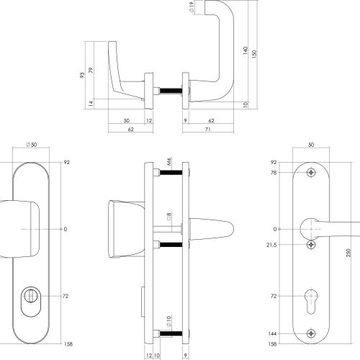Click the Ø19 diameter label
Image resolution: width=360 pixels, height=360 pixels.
192,7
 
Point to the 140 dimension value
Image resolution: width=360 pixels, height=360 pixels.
245,50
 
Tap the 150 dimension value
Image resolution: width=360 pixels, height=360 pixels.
254,53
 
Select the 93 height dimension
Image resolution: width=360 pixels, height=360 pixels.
82,75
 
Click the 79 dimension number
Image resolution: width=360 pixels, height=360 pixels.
91,71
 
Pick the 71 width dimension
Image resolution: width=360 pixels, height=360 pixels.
208,129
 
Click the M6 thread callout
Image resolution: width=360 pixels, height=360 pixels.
169,161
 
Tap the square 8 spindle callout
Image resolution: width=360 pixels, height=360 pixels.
169,216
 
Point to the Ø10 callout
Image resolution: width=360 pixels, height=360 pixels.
169,321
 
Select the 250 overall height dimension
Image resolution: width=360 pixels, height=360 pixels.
348,253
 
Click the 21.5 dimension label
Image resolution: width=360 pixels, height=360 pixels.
271,245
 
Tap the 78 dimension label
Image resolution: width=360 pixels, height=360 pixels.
274,173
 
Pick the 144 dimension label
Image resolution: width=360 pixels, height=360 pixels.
272,333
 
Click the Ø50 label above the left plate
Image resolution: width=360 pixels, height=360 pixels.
31,145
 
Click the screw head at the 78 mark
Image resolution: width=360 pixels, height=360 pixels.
311,173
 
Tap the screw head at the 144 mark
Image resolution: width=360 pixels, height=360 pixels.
311,333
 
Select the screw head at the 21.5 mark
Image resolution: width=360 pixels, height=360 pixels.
311,245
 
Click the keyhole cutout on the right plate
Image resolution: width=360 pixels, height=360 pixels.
311,302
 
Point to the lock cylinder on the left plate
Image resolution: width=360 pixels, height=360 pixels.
31,302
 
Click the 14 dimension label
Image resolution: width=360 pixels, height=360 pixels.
91,104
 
